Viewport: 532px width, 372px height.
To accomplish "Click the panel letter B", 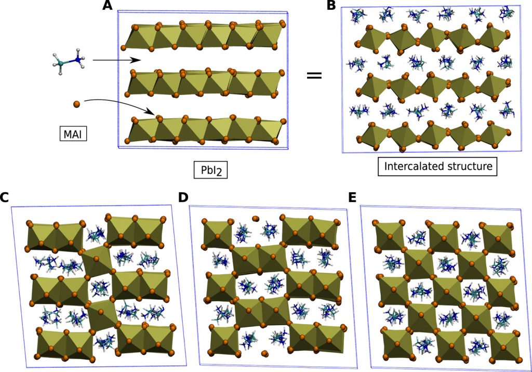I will pyautogui.click(x=330, y=6).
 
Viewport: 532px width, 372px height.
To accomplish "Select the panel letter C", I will pyautogui.click(x=5, y=198).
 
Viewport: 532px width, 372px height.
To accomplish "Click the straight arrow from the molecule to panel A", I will pyautogui.click(x=117, y=60).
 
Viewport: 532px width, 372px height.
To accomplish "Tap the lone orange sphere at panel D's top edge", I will pyautogui.click(x=255, y=219).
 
